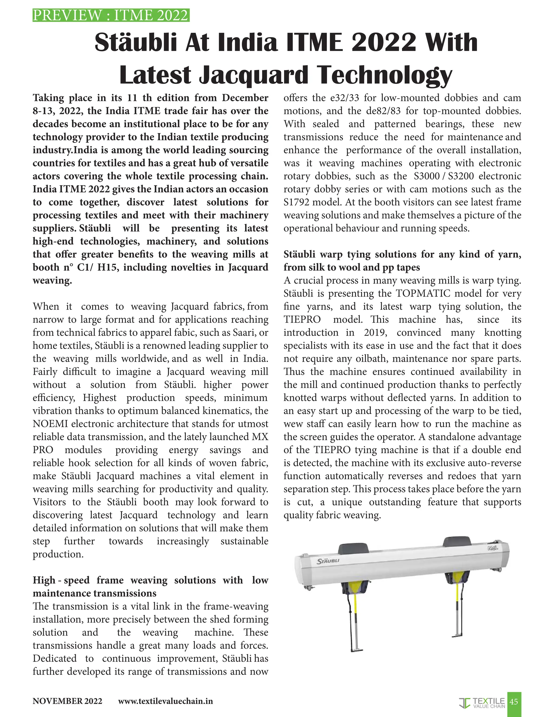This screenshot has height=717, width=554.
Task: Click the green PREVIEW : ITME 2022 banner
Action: point(111,15)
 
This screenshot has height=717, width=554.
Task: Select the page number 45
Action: point(514,702)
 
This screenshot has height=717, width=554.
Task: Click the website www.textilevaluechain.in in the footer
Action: point(165,701)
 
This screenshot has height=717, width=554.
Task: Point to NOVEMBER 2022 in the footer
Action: point(67,701)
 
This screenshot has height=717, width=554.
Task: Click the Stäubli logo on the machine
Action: point(328,561)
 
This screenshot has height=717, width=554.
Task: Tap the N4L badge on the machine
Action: point(493,548)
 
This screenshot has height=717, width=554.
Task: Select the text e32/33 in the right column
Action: point(344,98)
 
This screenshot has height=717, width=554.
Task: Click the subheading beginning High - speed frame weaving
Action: point(150,587)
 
